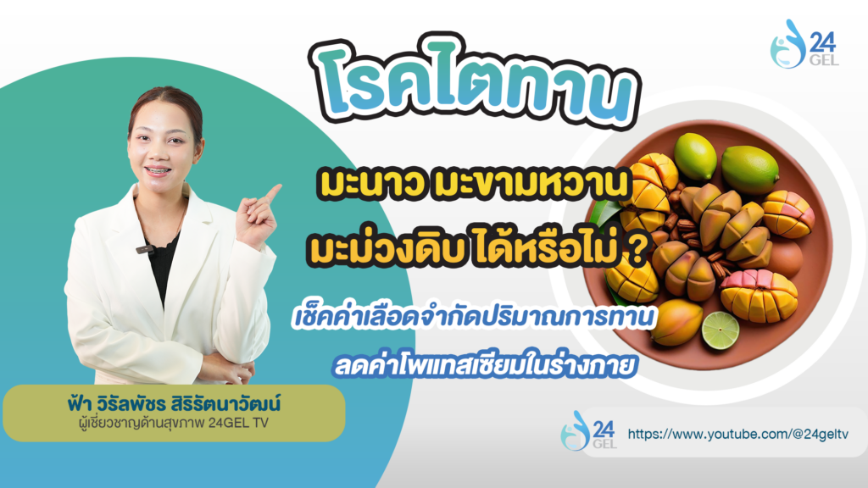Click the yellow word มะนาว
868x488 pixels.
[x=371, y=184]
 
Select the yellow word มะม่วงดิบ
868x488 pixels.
[x=385, y=249]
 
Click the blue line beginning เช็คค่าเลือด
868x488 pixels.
[x=473, y=318]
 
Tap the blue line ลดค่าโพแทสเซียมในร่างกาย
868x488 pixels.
[x=484, y=366]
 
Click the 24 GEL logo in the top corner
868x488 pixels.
[x=804, y=44]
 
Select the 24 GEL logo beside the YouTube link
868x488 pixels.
[x=588, y=430]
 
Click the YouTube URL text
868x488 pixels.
[x=738, y=435]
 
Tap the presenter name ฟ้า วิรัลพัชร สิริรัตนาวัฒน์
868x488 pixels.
[x=174, y=404]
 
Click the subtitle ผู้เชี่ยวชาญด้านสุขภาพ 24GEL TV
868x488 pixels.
[x=174, y=424]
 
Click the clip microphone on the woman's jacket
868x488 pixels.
[x=145, y=250]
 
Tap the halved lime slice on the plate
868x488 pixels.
[x=721, y=331]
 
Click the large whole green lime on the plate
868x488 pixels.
[x=749, y=169]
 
